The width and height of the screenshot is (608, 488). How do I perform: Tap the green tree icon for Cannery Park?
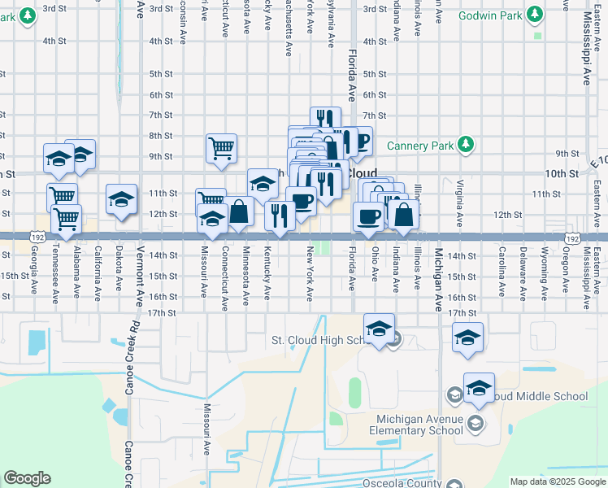[465, 145]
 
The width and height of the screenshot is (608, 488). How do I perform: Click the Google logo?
[27, 478]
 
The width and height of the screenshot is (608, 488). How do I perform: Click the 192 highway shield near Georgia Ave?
[38, 237]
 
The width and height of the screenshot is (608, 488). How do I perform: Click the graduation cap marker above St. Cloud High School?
[379, 329]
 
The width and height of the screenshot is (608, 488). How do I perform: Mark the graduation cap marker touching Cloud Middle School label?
[479, 387]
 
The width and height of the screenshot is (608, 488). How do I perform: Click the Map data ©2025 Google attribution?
[557, 481]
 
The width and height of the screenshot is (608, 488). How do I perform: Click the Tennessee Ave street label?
[55, 274]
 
